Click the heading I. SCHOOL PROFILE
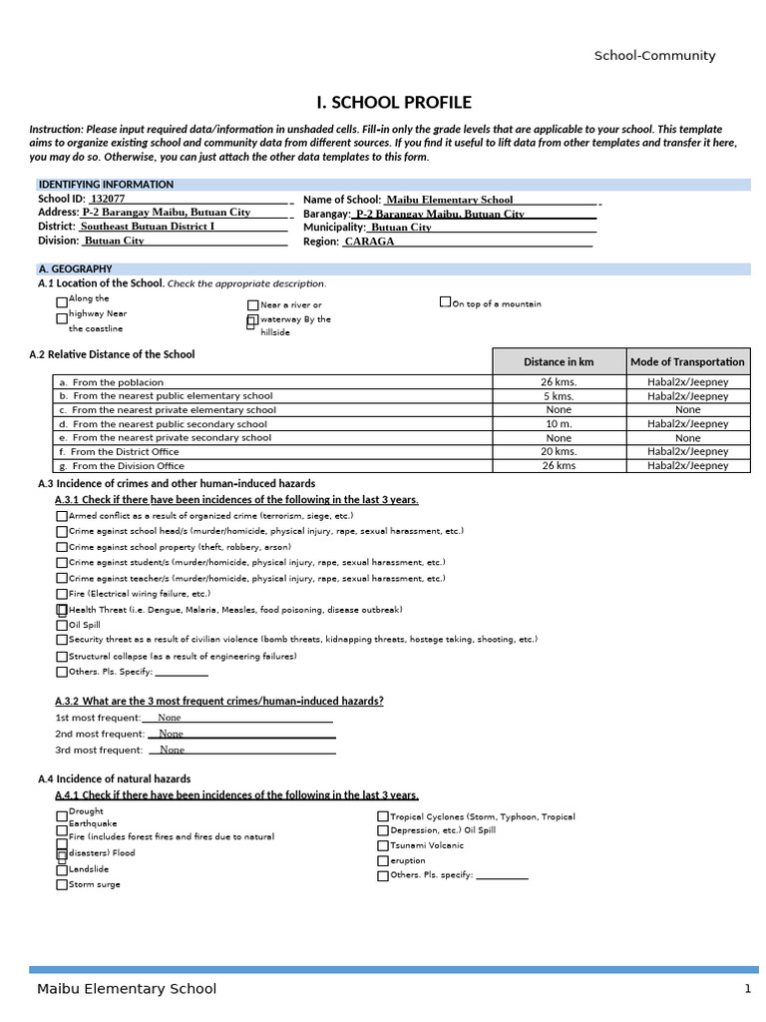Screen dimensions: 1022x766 coord(393,103)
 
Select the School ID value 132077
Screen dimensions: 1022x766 coord(108,200)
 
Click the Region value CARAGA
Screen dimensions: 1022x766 coord(369,242)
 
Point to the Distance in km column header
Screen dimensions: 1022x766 coord(559,361)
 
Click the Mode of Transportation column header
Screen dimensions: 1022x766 coord(687,361)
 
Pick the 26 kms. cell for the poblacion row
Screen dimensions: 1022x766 coord(559,382)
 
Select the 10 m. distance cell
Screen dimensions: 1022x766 coord(559,424)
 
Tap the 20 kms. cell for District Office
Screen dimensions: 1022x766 coord(559,451)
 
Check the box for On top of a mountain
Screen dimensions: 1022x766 coord(445,301)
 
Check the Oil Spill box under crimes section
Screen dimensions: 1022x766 coord(62,626)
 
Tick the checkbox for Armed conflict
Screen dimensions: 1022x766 coord(62,516)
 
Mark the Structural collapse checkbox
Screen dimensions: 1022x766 coord(62,657)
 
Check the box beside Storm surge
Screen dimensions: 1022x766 coord(62,884)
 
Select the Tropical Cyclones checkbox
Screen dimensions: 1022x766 coord(383,816)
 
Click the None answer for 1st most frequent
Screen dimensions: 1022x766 coord(170,718)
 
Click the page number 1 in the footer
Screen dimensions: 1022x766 coord(746,989)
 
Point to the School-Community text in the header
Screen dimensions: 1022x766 coord(654,56)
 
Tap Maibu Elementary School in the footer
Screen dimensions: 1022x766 coord(127,989)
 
